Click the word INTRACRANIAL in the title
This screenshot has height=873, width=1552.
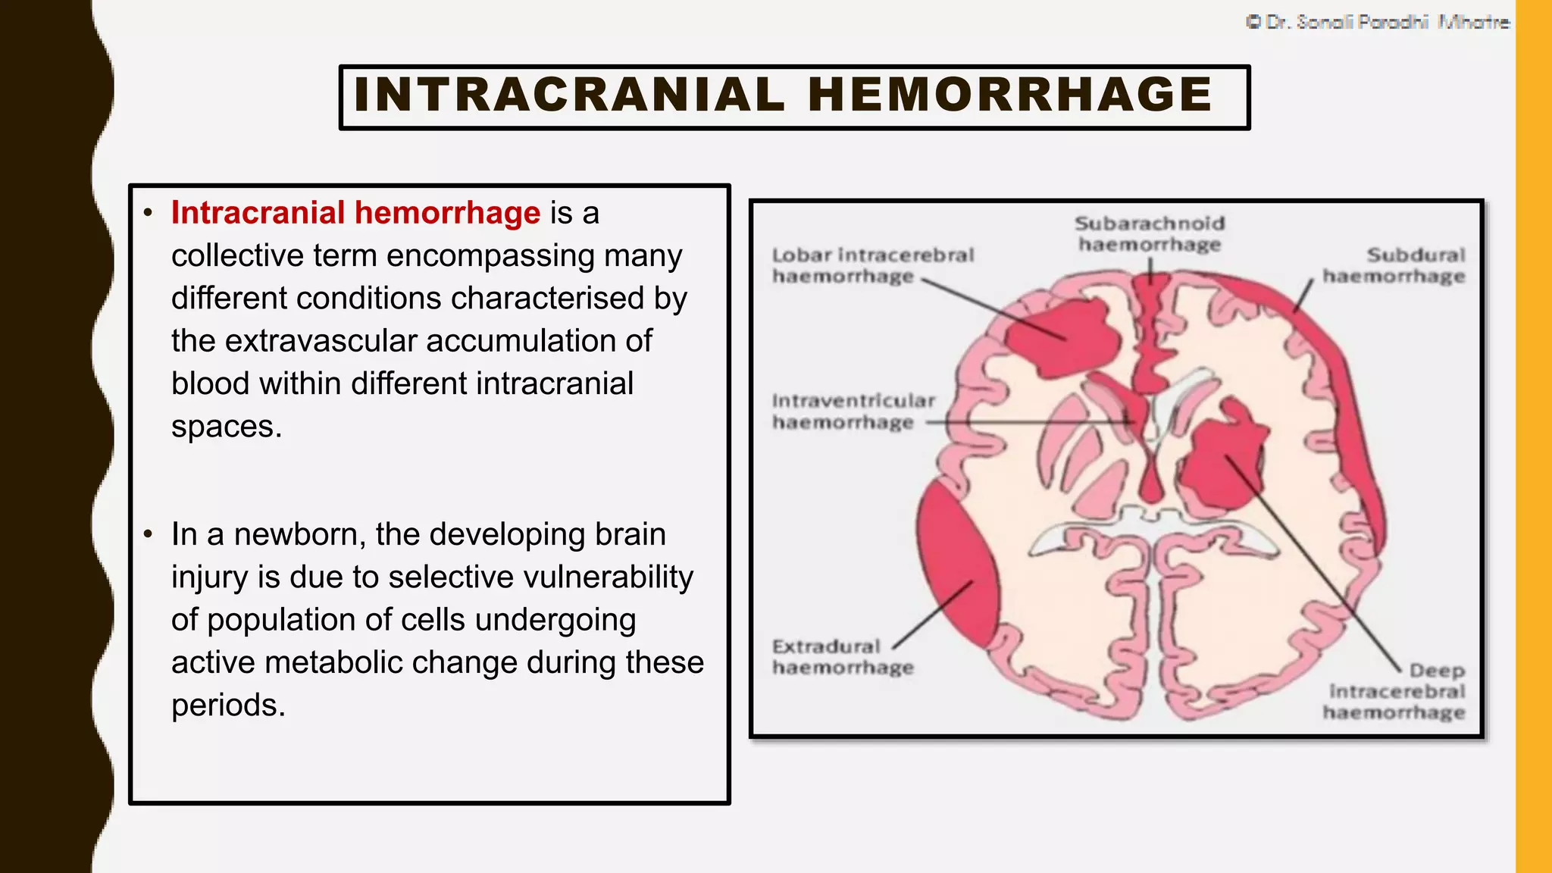click(569, 95)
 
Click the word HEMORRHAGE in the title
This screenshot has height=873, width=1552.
click(1010, 95)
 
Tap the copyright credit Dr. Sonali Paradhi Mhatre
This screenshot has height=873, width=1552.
click(1378, 22)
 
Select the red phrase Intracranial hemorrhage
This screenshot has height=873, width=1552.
click(355, 213)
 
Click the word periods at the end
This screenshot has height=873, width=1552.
click(228, 705)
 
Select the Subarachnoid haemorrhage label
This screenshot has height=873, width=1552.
click(1150, 233)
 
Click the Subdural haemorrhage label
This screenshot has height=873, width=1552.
click(1394, 265)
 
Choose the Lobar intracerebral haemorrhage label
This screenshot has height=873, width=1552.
click(872, 265)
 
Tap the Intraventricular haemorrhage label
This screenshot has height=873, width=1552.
click(853, 411)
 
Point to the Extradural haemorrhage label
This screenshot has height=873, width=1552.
click(842, 656)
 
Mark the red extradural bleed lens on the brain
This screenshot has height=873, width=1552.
click(956, 565)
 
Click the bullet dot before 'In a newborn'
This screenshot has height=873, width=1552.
click(148, 534)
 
